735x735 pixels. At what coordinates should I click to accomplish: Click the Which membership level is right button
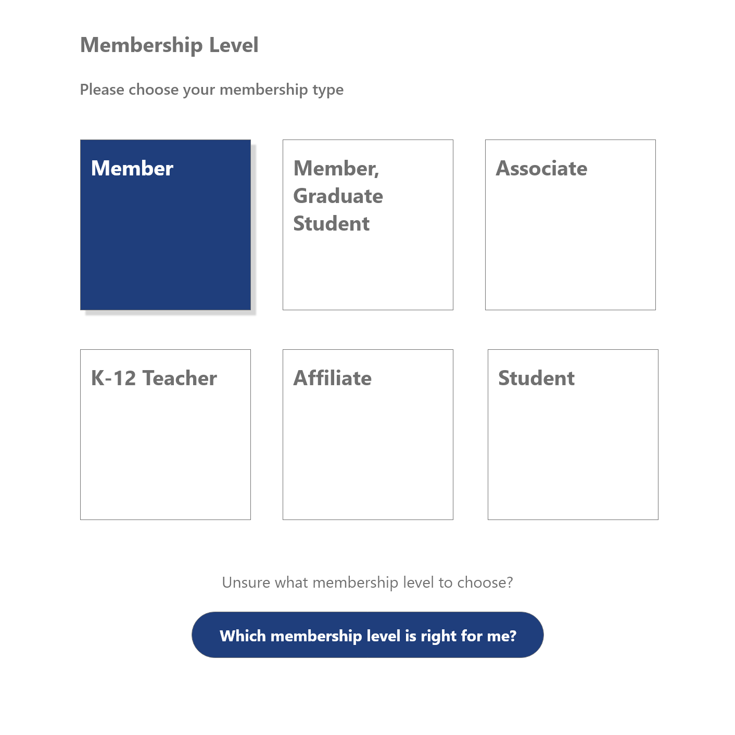pos(367,635)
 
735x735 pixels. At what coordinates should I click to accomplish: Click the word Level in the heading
pos(234,45)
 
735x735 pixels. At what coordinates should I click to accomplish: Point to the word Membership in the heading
pos(142,45)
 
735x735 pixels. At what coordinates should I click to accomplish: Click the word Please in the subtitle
pos(102,90)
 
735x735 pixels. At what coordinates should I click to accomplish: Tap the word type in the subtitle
pos(328,90)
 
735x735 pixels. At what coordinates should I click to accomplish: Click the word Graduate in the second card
pos(338,196)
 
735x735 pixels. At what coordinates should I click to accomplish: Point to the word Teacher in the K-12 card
pos(180,378)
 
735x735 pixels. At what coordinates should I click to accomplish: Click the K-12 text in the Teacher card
pos(113,378)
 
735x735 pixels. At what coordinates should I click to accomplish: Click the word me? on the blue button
pos(501,636)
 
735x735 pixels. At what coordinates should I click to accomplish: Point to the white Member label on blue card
pos(132,169)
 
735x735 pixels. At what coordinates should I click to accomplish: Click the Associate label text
pos(541,169)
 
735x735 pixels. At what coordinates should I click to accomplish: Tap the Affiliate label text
pos(333,378)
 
